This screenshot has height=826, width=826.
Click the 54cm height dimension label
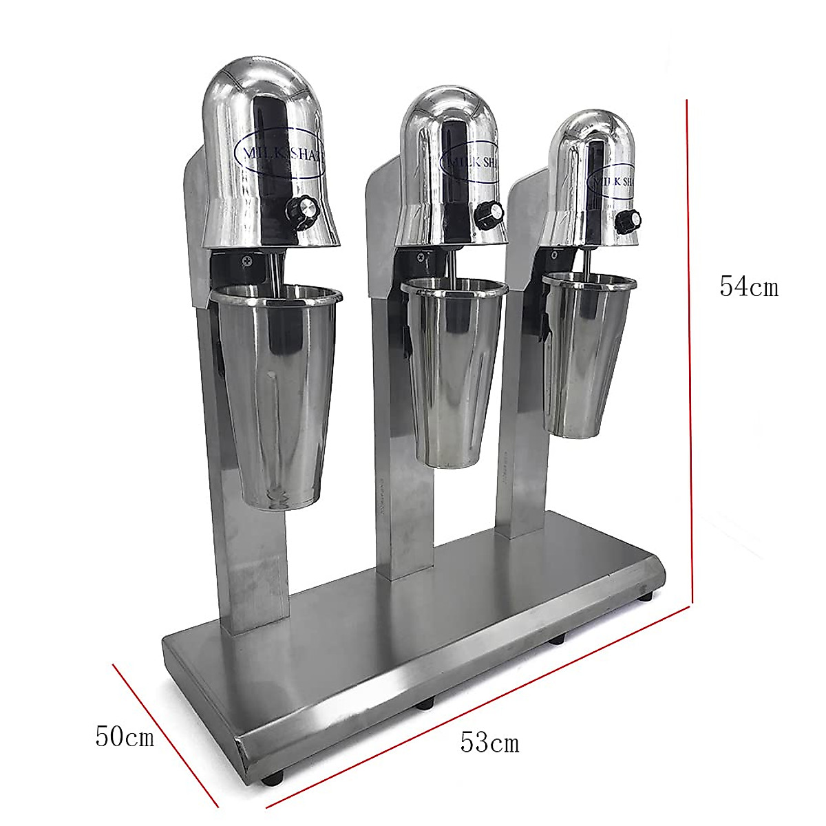(x=749, y=286)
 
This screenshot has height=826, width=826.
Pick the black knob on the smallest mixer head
(x=628, y=220)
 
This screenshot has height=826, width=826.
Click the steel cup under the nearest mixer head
(x=273, y=392)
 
